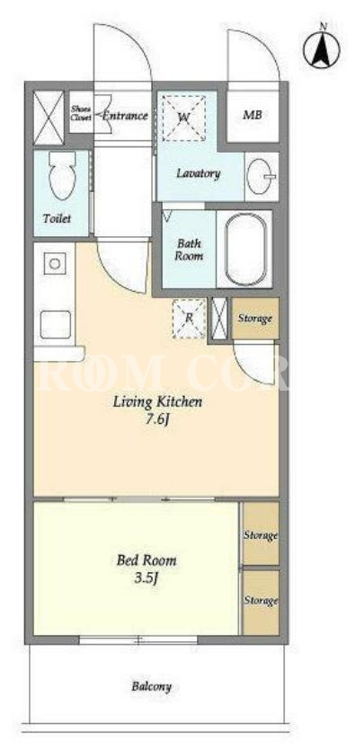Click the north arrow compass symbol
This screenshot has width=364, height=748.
click(x=322, y=48)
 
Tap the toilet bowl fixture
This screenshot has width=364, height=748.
click(x=62, y=176)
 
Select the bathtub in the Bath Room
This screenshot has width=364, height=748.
click(x=244, y=248)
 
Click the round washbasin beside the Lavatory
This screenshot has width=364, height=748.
click(x=261, y=176)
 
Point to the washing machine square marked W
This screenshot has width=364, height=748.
click(x=184, y=118)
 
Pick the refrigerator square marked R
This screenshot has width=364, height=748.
click(x=189, y=318)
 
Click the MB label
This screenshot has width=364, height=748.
click(x=253, y=115)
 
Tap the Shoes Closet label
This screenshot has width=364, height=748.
click(x=81, y=112)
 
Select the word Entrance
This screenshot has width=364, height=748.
click(x=125, y=116)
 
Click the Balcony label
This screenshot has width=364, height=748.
click(x=151, y=687)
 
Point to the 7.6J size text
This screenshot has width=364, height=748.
click(x=157, y=422)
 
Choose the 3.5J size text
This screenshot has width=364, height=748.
click(x=147, y=579)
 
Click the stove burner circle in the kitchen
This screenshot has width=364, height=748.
click(x=55, y=263)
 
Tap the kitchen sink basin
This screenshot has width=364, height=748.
click(x=56, y=324)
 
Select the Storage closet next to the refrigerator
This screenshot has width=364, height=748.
click(x=255, y=319)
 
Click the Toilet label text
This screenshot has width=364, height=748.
click(x=58, y=219)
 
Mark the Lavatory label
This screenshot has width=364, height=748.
click(x=199, y=173)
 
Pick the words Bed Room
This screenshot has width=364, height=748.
click(x=146, y=559)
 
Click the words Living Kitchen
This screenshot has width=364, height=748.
click(x=157, y=401)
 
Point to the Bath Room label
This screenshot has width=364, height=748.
click(x=189, y=250)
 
